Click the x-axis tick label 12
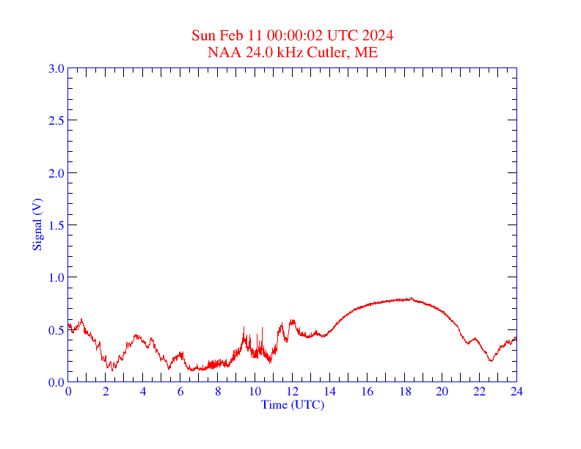tap(293, 391)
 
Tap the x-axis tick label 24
tap(516, 391)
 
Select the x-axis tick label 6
tap(180, 391)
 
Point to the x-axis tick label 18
tap(405, 391)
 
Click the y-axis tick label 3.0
tap(56, 69)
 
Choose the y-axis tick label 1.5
tap(56, 225)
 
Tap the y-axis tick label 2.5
tap(56, 121)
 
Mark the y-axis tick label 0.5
tap(56, 330)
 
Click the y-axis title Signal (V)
tap(36, 224)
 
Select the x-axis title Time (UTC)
tap(293, 404)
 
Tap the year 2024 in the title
tap(378, 36)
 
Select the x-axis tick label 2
tap(106, 391)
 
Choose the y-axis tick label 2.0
tap(56, 173)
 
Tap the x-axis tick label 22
tap(479, 391)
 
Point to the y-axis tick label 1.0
tap(56, 277)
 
